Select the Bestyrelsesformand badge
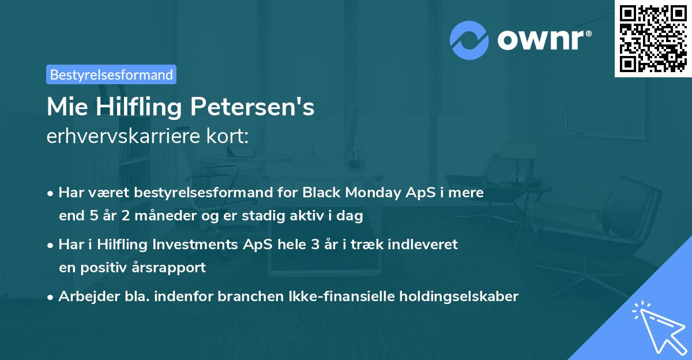(x=111, y=74)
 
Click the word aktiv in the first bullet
(x=311, y=217)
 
